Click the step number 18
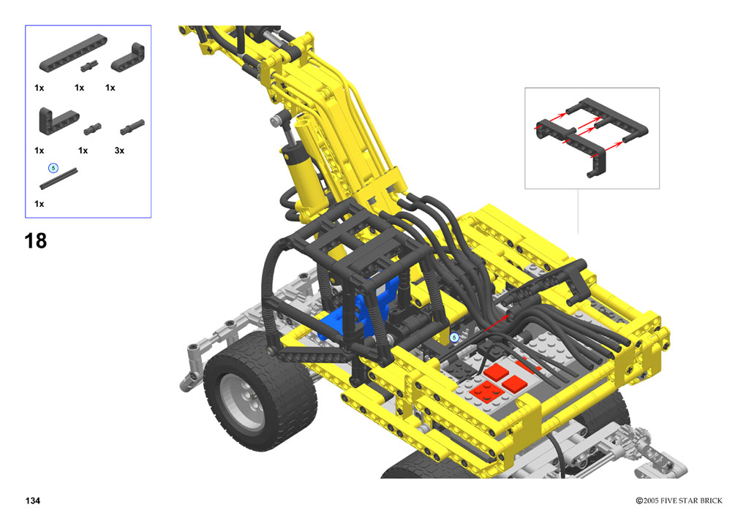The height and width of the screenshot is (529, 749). coord(36,241)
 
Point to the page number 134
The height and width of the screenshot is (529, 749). coord(33,501)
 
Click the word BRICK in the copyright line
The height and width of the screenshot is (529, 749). coord(710,501)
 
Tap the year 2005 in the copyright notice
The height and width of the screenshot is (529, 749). coord(650,501)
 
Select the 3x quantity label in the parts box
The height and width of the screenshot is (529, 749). coord(119,151)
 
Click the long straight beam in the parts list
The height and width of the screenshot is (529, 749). coord(73,53)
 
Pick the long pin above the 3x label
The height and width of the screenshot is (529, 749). coord(132,127)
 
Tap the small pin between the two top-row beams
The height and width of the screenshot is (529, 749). coord(89,66)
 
